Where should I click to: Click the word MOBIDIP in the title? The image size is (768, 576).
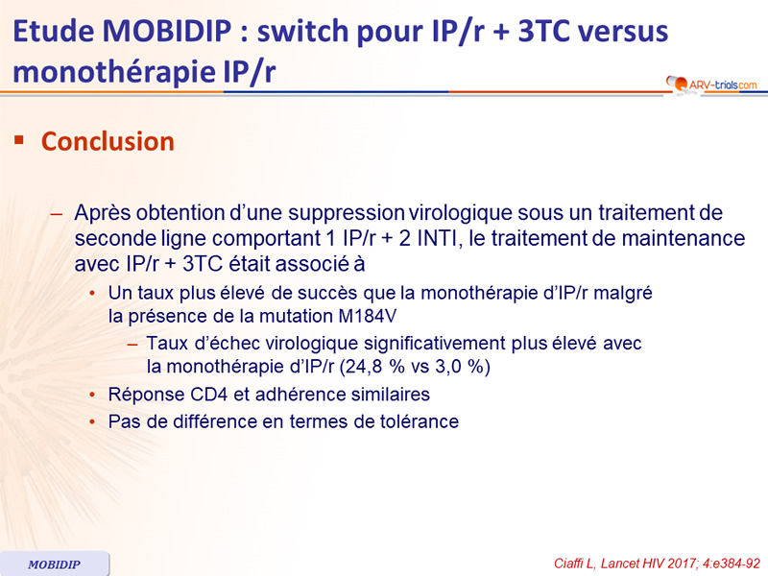(167, 31)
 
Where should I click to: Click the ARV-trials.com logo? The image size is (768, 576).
(711, 84)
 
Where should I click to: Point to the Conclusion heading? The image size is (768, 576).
(108, 141)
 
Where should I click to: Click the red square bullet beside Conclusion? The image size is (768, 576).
(19, 141)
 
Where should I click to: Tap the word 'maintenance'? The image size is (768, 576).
(684, 238)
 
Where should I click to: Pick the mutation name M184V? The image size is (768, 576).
(368, 316)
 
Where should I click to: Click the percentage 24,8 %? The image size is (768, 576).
(376, 367)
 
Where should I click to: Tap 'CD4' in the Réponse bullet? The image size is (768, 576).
(209, 395)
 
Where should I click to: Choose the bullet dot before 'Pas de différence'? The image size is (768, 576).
(92, 421)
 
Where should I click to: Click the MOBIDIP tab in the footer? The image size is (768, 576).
(55, 564)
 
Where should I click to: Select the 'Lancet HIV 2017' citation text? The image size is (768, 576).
(648, 564)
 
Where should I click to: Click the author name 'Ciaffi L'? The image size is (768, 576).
(574, 564)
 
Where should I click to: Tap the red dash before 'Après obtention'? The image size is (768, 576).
(57, 213)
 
